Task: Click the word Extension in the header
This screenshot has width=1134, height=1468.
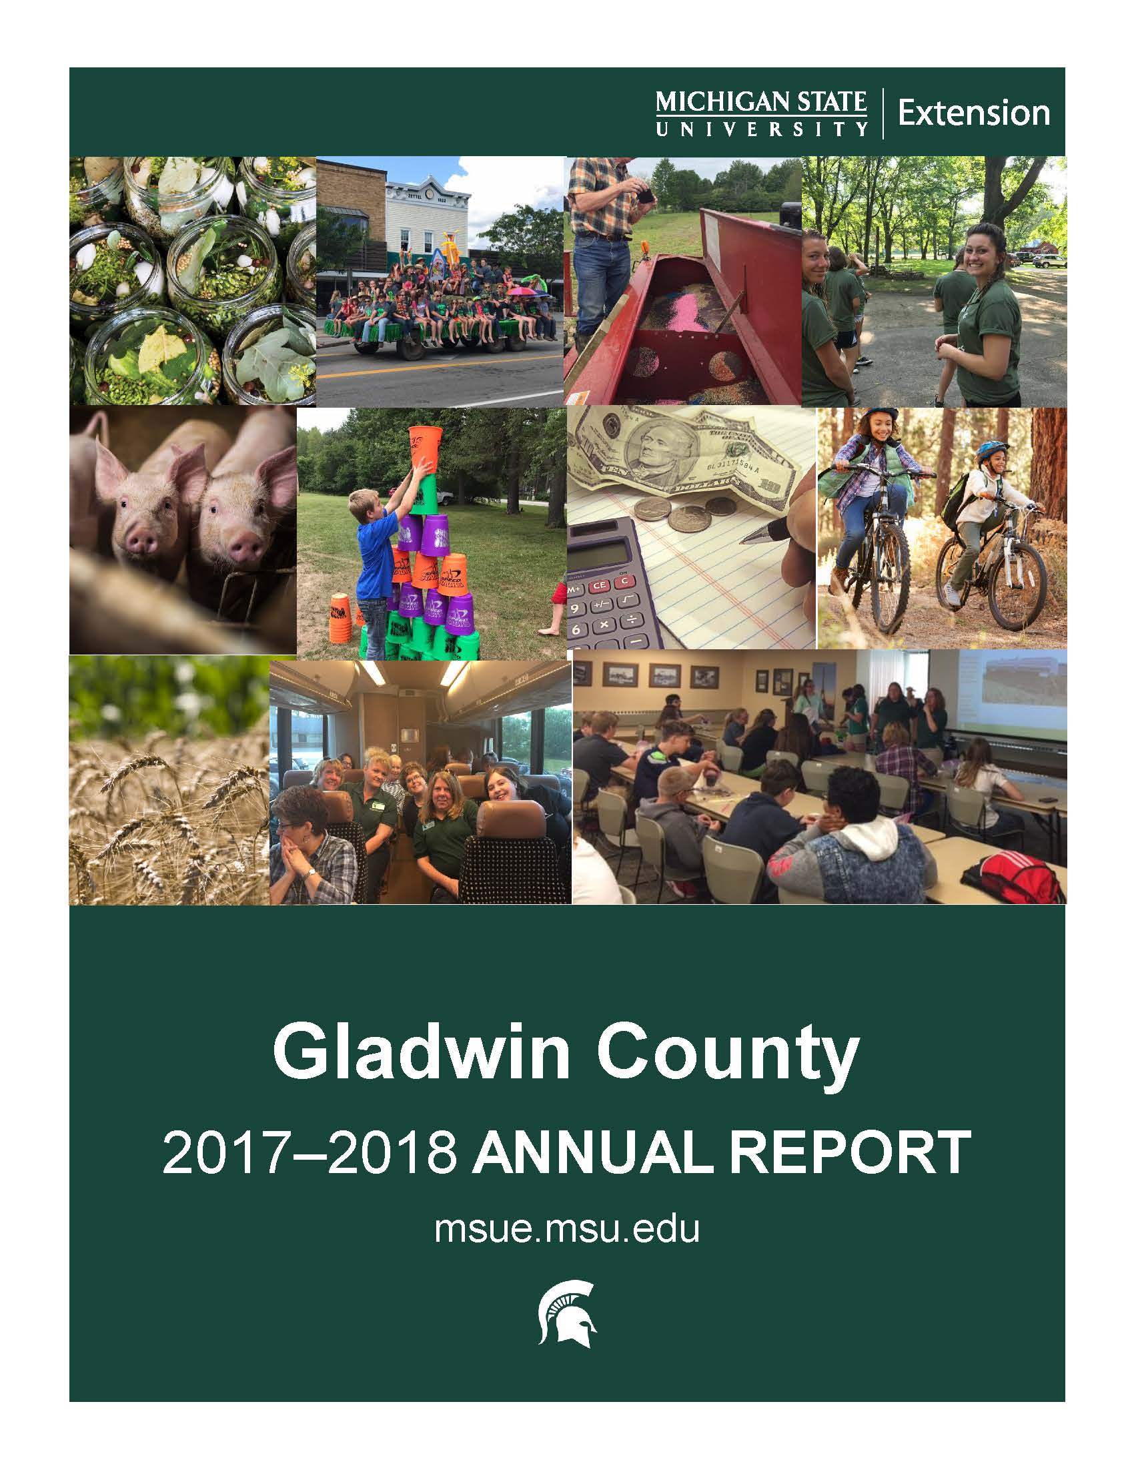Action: (973, 113)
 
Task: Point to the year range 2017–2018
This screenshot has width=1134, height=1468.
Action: (310, 1152)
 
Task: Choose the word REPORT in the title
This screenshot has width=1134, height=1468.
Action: (851, 1152)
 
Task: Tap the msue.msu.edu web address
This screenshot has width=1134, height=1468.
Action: (567, 1229)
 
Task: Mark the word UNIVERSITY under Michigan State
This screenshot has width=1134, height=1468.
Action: (761, 128)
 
